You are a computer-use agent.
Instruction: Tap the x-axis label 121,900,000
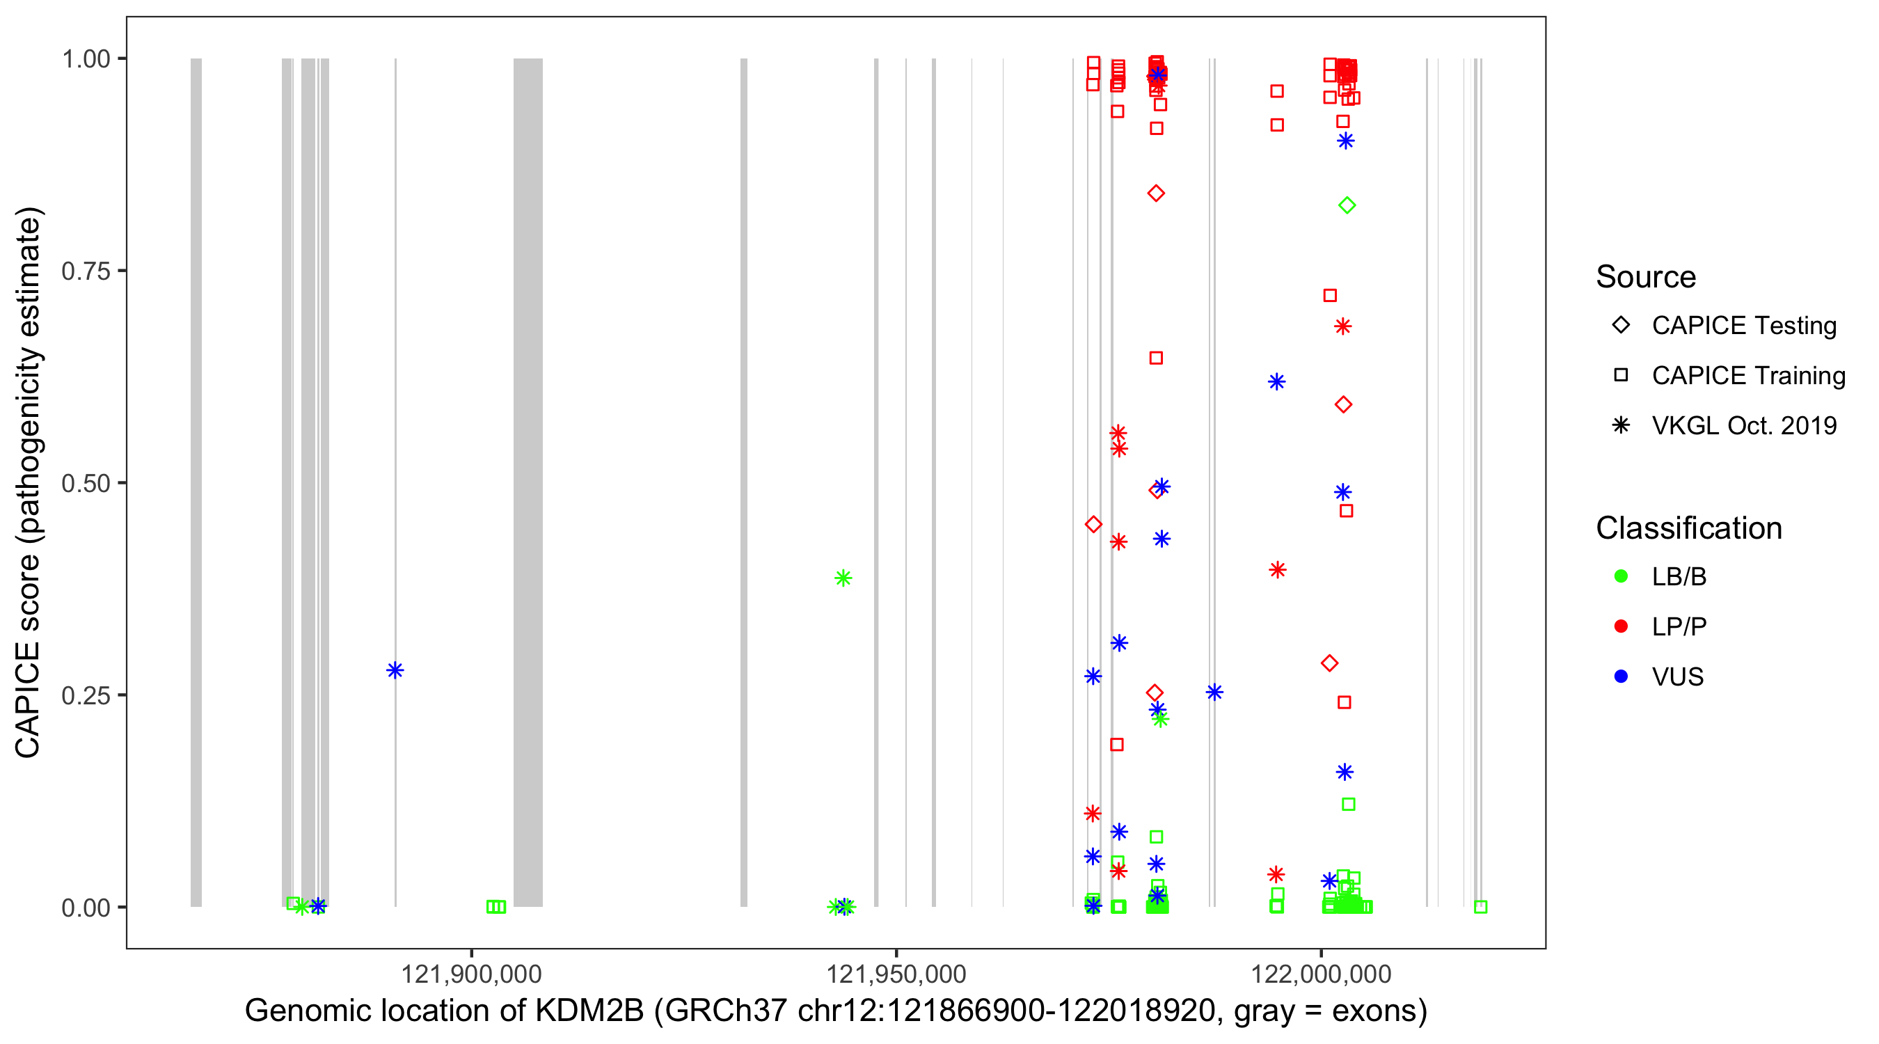[x=471, y=974]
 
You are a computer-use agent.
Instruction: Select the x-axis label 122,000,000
[x=1320, y=974]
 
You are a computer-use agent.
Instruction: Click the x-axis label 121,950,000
[x=896, y=974]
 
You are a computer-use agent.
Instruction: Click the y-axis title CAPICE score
[x=29, y=482]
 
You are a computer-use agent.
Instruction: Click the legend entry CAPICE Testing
[x=1743, y=326]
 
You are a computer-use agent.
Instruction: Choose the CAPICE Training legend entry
[x=1747, y=376]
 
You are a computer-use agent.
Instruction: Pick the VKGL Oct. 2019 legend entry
[x=1743, y=426]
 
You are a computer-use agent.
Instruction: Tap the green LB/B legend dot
[x=1621, y=577]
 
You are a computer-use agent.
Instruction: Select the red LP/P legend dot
[x=1621, y=626]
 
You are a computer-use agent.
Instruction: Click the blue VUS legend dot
[x=1621, y=677]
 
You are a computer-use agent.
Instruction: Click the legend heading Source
[x=1646, y=277]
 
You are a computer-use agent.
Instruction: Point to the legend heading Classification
[x=1688, y=528]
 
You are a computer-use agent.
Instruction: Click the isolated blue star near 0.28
[x=395, y=670]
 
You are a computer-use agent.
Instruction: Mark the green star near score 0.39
[x=843, y=578]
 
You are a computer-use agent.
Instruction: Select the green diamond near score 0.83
[x=1347, y=206]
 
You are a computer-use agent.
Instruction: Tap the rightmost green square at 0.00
[x=1480, y=907]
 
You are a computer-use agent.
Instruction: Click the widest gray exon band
[x=528, y=482]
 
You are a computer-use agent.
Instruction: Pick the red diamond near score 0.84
[x=1155, y=193]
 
